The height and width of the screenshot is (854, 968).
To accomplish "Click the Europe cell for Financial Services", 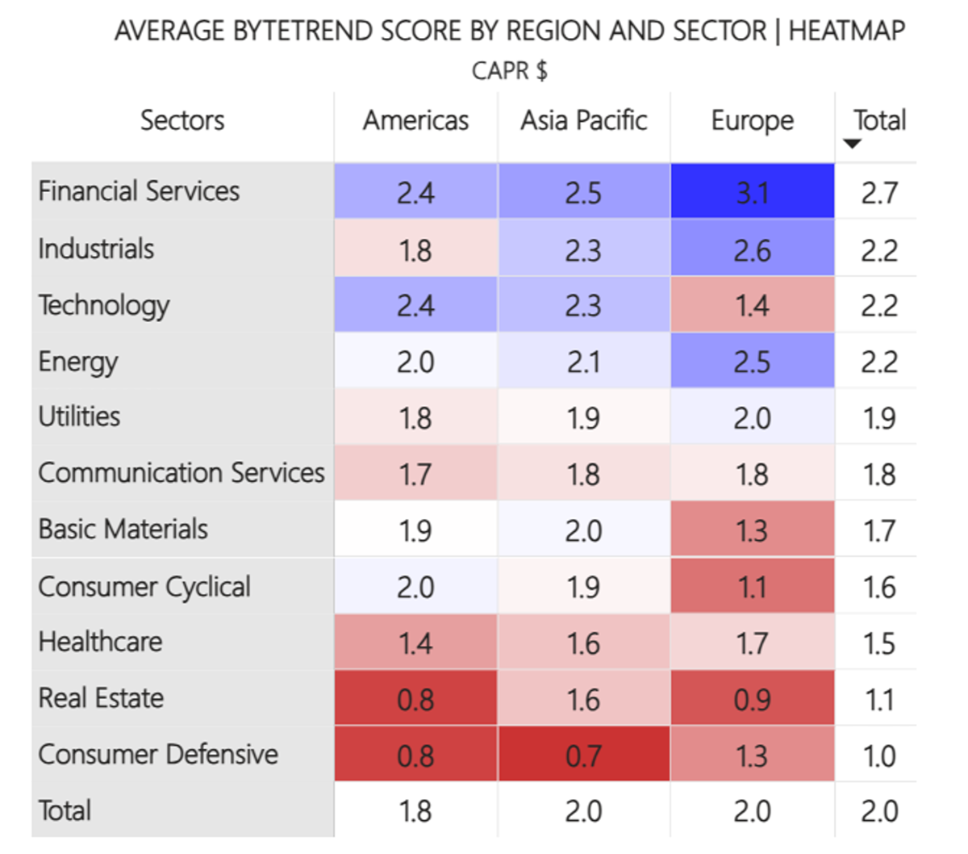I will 752,192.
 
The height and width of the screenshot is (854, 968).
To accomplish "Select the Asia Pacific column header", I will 583,121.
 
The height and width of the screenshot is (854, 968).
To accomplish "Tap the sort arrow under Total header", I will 852,144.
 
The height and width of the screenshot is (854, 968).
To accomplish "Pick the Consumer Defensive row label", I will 158,754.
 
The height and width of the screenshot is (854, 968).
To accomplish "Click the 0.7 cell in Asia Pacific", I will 583,756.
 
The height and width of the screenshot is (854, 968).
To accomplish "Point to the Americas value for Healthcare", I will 415,643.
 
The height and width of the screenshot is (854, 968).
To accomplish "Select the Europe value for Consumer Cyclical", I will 752,587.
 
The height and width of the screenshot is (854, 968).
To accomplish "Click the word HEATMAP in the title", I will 846,31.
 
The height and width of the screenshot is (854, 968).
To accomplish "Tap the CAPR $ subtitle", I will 509,71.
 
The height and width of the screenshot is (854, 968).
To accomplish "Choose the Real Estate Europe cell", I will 752,699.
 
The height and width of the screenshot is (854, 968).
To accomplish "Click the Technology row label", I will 104,306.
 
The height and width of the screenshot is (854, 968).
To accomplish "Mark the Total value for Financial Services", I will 878,193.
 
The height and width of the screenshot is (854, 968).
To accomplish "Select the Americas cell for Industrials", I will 415,250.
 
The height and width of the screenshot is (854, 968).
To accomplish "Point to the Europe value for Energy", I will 752,362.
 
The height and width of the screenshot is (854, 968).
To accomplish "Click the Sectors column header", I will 182,121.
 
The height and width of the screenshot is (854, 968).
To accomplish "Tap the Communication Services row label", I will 181,473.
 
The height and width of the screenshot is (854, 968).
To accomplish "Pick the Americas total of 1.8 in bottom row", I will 415,810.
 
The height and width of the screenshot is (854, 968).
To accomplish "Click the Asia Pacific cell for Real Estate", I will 583,699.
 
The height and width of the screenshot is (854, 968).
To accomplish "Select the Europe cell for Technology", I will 752,306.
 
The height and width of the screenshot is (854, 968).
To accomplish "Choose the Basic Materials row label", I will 123,530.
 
